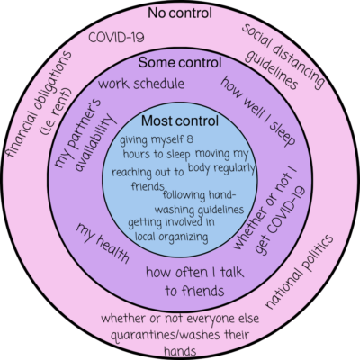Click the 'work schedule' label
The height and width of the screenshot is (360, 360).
[144, 84]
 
